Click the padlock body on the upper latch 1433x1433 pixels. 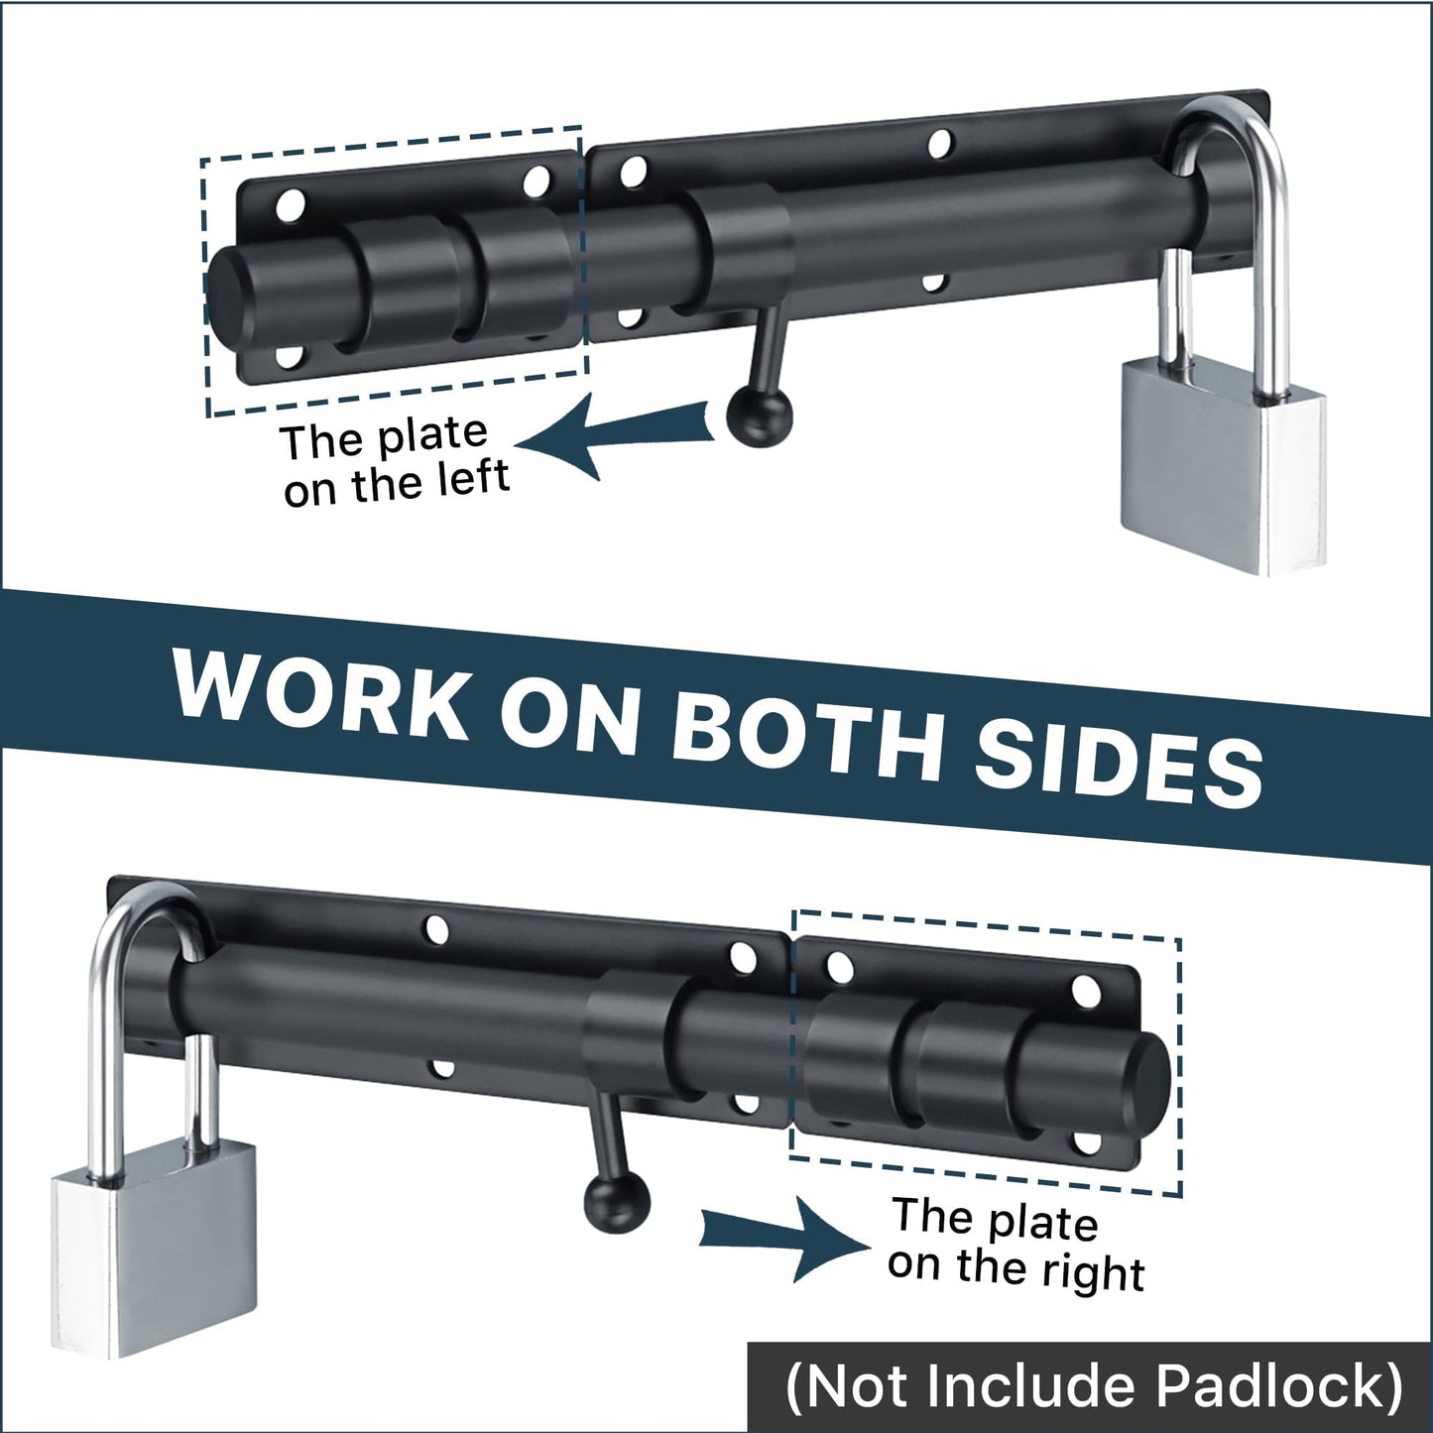[x=1222, y=474]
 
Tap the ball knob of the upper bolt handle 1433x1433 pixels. [x=760, y=418]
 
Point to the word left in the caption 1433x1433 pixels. [x=473, y=477]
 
